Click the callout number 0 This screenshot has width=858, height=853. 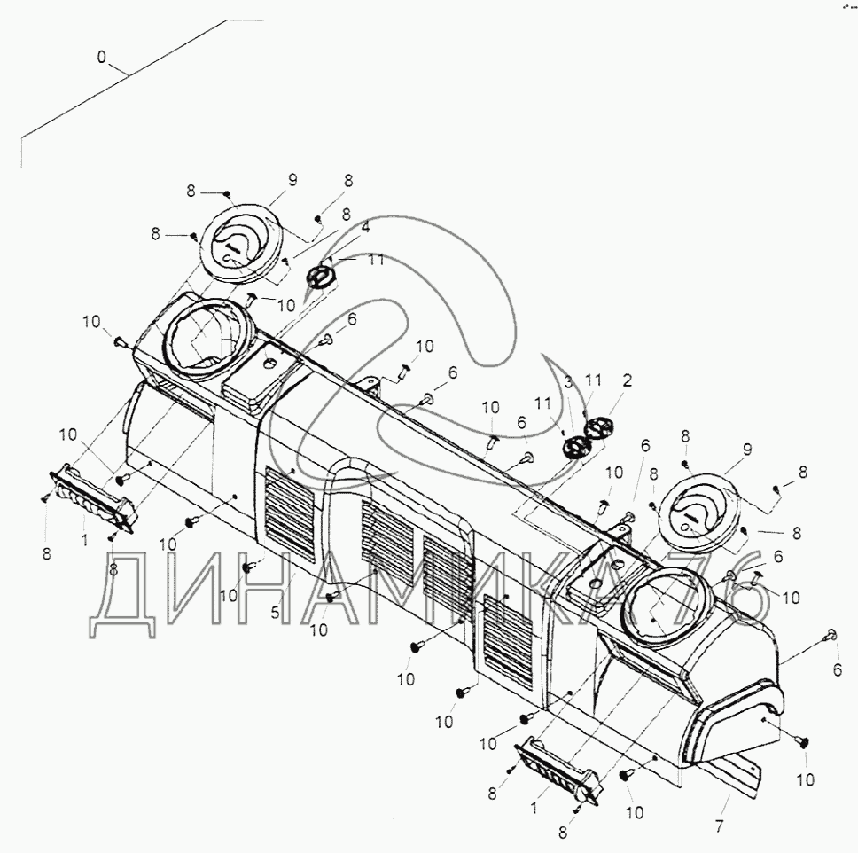coord(101,57)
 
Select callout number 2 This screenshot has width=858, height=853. coord(627,380)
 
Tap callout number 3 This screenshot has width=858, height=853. coord(568,382)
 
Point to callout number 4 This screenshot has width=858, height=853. coord(365,227)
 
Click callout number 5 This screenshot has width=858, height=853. coord(276,613)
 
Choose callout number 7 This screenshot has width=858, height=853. coord(719,826)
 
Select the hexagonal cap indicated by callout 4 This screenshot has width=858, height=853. coord(320,275)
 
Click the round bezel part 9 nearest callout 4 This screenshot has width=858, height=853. coord(240,244)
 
